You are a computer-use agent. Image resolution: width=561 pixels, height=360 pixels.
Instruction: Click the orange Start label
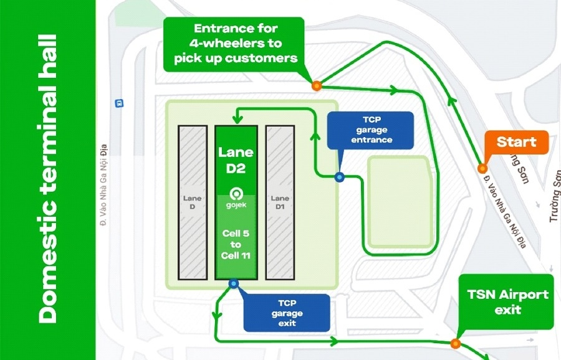[516, 143]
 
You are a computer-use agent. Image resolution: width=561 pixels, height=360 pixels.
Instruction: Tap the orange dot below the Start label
[482, 168]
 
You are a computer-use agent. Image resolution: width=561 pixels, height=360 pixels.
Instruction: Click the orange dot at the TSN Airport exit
[456, 343]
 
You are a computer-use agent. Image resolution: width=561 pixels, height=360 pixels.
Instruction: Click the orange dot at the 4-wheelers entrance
[317, 86]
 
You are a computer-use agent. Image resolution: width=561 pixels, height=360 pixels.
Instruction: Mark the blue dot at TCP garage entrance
[339, 177]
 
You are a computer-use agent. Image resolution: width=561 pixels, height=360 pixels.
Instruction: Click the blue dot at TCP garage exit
[234, 284]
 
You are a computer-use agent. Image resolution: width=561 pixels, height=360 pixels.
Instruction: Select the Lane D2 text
[236, 159]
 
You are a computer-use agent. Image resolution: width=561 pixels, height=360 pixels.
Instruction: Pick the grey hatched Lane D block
[193, 202]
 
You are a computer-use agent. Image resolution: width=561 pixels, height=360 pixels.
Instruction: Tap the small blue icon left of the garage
[119, 102]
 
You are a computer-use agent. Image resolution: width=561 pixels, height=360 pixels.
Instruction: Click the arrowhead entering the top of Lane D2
[236, 119]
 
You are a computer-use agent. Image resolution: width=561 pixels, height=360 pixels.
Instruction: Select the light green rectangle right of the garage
[399, 201]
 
